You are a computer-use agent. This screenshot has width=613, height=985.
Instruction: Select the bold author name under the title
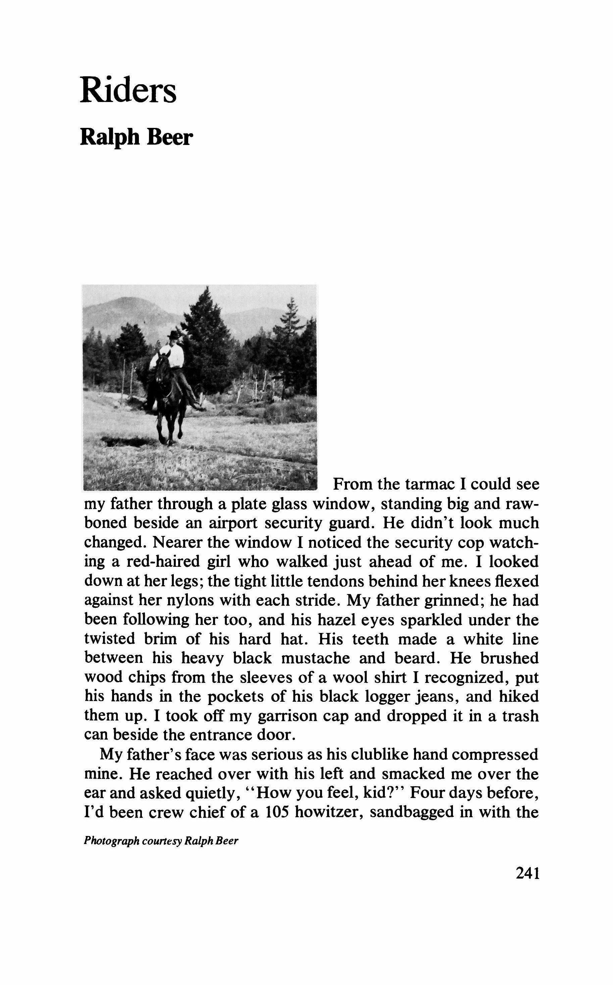click(x=136, y=138)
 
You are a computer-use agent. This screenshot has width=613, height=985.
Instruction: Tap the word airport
click(x=233, y=523)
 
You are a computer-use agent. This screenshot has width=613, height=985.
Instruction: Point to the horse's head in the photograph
click(x=164, y=366)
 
